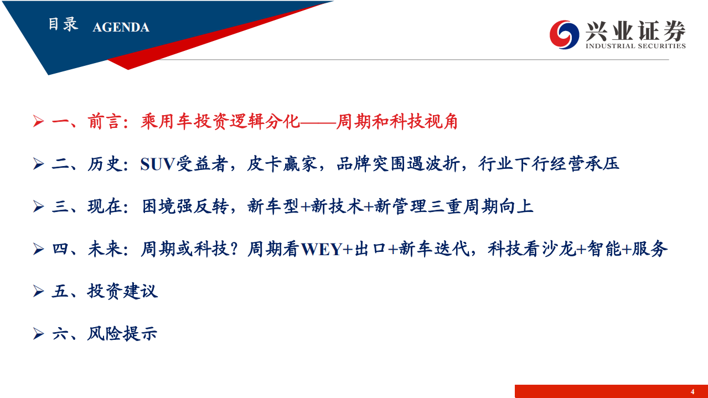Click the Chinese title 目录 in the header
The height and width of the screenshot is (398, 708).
(63, 25)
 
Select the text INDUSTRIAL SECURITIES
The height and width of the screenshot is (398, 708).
(635, 46)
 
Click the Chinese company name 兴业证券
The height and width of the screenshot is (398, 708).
(635, 30)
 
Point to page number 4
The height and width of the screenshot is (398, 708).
(692, 392)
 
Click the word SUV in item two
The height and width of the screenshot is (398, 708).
(158, 164)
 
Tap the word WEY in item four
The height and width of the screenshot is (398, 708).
(322, 250)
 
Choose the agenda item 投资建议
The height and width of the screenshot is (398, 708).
(122, 291)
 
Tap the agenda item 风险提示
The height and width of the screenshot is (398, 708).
(122, 334)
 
